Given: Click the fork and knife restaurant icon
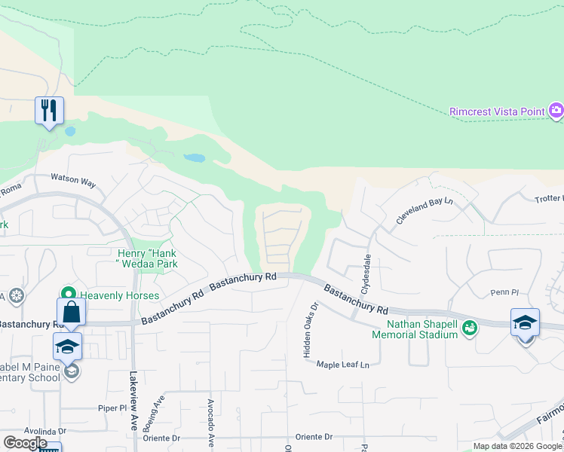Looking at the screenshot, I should pos(49,111).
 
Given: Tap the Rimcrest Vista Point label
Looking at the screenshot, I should pos(497,111).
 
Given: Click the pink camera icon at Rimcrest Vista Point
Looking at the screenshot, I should pos(556,111).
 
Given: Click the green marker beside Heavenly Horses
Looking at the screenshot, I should pos(69,294).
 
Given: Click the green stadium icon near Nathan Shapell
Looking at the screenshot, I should pos(471,328).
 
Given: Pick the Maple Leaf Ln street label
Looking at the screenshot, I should pos(342,365).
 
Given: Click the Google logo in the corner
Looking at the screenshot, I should pos(25,442).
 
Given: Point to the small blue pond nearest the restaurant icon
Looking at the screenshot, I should pos(70,130).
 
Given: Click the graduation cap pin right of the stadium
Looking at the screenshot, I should pos(525,322).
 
